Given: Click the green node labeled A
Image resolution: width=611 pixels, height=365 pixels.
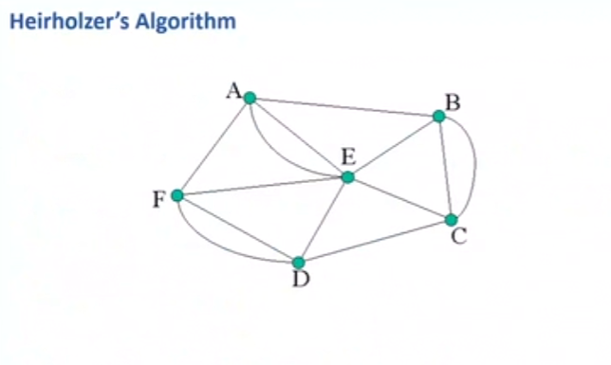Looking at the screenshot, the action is pos(250,98).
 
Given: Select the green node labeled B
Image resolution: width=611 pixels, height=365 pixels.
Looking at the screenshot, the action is pos(438,116).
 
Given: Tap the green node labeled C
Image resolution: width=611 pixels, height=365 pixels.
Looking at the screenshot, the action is pos(452,220).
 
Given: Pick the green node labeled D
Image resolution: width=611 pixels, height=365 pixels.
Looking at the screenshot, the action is pos(298,263).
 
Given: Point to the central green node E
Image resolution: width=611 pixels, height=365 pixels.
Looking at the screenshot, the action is pos(348,177).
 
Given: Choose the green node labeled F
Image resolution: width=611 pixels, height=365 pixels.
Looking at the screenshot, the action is pos(177,195).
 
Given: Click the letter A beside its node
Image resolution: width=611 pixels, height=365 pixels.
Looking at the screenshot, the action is pos(232,91).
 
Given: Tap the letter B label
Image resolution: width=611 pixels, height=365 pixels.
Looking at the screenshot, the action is pos(453,102).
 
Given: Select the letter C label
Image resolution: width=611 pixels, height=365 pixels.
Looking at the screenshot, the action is pos(459,236).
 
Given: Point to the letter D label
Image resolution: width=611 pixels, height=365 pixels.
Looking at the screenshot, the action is pos(301,281).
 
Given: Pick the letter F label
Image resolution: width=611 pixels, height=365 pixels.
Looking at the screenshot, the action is pos(158,199).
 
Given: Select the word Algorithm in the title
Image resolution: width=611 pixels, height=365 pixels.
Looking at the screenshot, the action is pos(182,20).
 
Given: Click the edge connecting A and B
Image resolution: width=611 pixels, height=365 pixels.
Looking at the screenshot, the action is pos(343,107).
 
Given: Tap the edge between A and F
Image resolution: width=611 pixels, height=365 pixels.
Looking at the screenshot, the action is pos(213,146).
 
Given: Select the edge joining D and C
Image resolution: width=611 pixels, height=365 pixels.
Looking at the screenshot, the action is pos(375,242).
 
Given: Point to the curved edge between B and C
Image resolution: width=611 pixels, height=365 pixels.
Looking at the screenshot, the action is pos(473,166).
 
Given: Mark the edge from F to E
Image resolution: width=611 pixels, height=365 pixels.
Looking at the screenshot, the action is pos(263,187).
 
